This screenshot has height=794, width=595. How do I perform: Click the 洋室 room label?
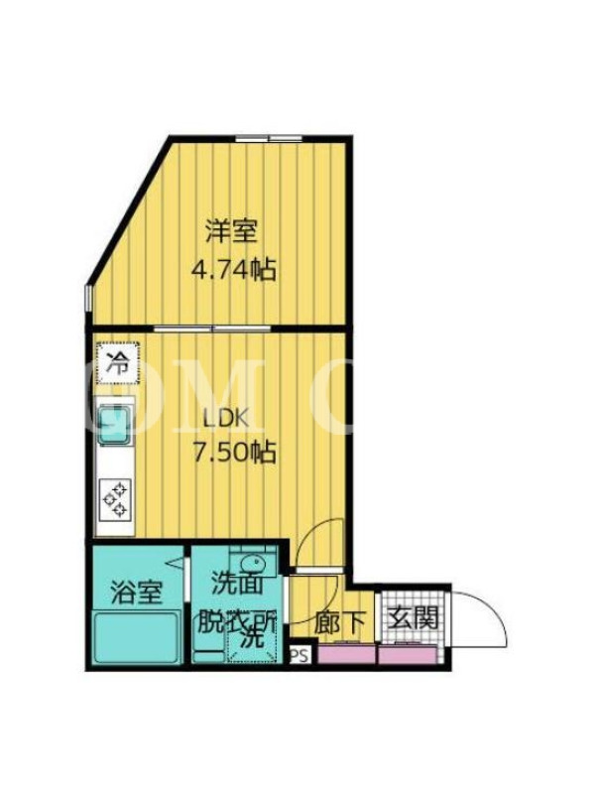point(231,232)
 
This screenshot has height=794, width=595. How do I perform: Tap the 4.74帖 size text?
point(234,269)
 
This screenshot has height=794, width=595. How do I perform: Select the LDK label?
point(226,419)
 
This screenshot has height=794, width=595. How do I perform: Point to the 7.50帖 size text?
point(235,452)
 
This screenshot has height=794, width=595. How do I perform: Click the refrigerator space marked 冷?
point(119,362)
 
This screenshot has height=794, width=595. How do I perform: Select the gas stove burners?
point(116,500)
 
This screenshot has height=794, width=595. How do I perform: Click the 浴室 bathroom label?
point(137,593)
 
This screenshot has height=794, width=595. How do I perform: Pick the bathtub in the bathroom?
point(137,636)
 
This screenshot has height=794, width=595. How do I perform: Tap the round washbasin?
point(253,563)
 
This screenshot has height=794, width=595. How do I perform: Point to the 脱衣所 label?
point(237,621)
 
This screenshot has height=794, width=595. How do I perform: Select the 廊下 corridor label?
point(339,622)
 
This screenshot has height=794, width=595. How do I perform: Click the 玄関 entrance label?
point(413,616)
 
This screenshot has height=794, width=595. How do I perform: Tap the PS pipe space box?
point(299,656)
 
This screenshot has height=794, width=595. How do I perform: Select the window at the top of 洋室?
point(269,138)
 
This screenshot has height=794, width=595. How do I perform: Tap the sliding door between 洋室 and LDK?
point(212,329)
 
